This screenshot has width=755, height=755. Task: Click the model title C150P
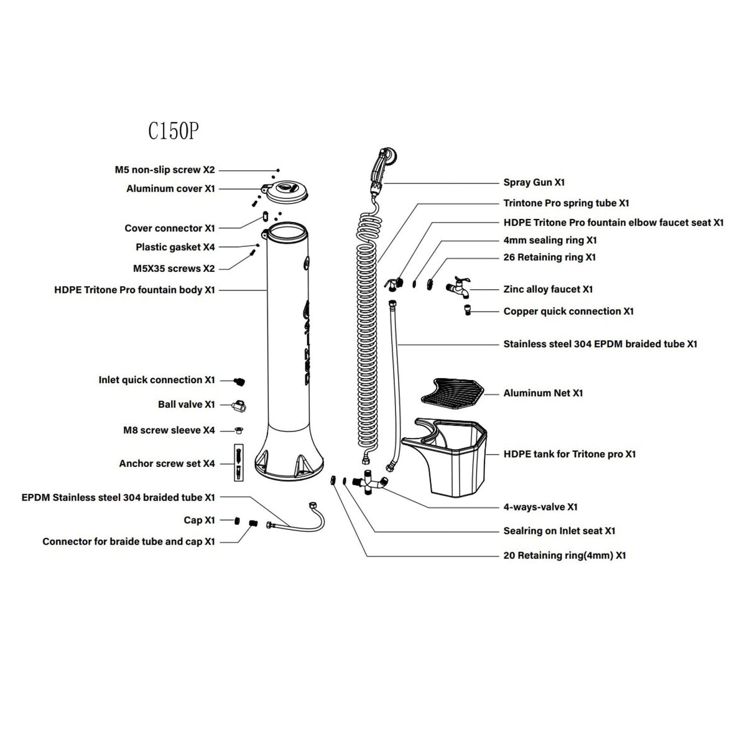[173, 131]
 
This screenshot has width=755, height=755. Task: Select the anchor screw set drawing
[238, 463]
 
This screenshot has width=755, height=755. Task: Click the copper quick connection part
[468, 309]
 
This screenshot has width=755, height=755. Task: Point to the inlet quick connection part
[239, 381]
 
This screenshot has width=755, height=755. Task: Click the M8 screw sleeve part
[239, 430]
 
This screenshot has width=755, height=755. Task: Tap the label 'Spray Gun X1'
[534, 182]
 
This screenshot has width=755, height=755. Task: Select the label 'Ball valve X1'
[186, 404]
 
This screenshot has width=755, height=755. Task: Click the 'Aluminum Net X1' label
[543, 393]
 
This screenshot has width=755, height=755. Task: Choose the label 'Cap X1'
[199, 520]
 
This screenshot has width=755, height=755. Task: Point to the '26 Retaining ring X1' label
[549, 257]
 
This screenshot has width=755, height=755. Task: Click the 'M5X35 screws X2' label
[174, 269]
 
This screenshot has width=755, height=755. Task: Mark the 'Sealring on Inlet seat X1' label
[559, 530]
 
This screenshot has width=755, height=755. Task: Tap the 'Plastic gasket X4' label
[175, 247]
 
